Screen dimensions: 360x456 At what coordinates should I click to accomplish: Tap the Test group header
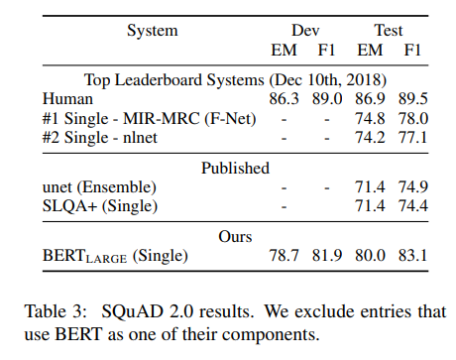pos(388,30)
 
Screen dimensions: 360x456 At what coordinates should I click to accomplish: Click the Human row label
pos(66,99)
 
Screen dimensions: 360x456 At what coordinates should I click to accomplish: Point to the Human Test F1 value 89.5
pos(410,99)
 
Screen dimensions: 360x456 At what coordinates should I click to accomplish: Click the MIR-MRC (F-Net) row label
pos(149,119)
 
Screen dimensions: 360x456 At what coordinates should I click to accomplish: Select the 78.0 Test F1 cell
pos(410,119)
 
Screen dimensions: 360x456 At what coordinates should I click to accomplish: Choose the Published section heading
pos(235,168)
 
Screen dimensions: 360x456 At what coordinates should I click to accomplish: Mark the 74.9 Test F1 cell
pos(410,186)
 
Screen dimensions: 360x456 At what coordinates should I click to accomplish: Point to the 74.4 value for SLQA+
pos(410,206)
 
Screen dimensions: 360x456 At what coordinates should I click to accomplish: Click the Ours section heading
pos(235,236)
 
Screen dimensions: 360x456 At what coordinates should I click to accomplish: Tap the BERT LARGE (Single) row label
pos(115,256)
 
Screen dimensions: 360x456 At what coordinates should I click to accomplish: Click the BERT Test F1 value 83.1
pos(410,256)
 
